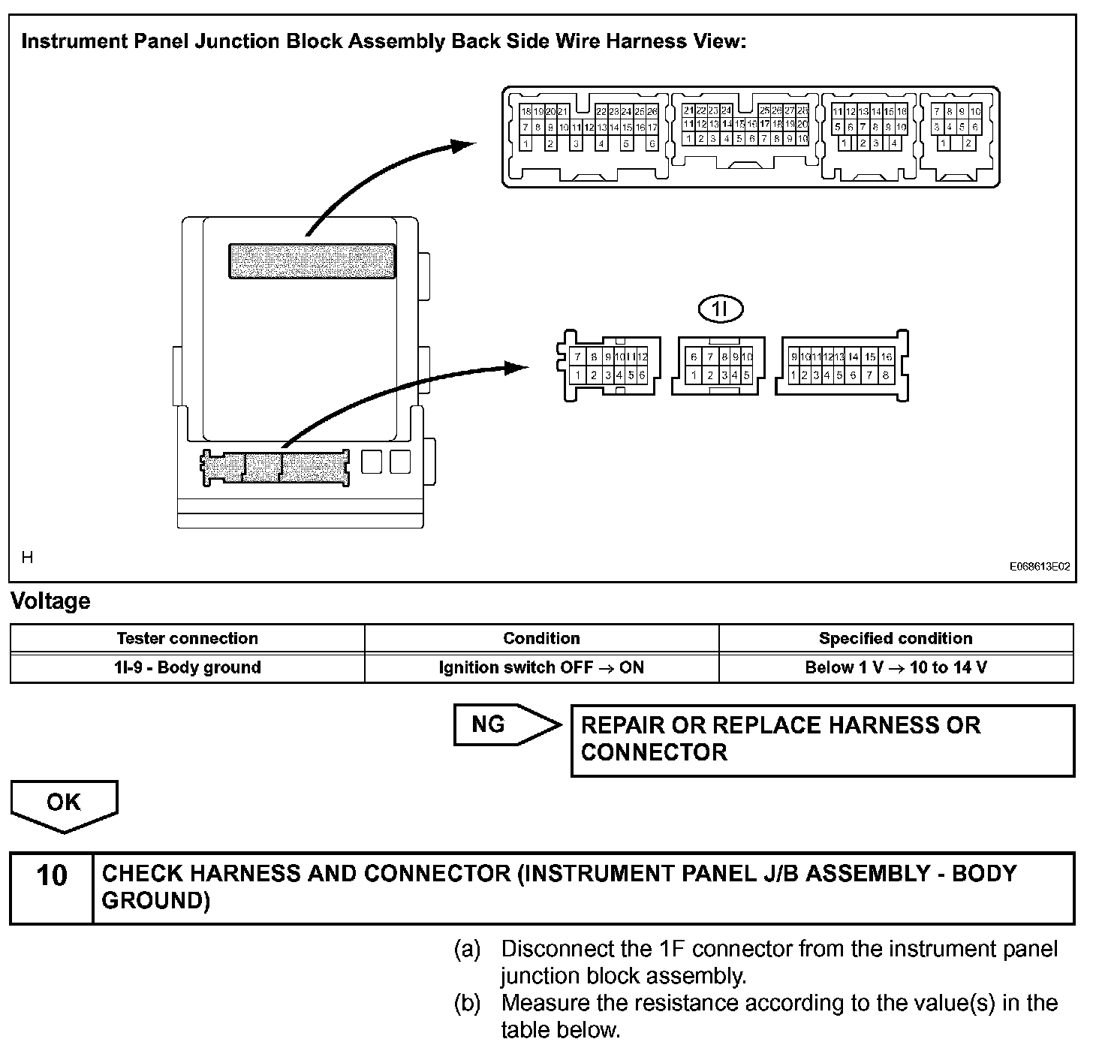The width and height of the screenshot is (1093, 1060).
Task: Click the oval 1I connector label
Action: coord(720,309)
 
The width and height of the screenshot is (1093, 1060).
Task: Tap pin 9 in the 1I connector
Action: coord(736,357)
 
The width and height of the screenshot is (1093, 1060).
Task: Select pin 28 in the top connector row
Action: coord(802,111)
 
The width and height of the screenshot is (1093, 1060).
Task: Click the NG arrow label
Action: coord(489,724)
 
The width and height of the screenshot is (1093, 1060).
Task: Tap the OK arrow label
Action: coord(63,803)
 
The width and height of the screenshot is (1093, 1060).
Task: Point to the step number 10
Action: coord(51,875)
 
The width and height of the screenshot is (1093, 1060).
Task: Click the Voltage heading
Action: coord(50,601)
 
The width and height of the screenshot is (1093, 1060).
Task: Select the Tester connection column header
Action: coord(187,639)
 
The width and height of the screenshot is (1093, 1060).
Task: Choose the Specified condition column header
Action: coord(896,639)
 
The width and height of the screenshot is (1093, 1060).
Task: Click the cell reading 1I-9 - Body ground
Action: coord(187,667)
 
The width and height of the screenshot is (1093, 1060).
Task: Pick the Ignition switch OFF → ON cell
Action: coord(541,667)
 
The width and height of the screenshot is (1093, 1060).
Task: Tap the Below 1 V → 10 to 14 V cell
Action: coord(896,667)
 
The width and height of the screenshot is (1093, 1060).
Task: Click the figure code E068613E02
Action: coord(1039,568)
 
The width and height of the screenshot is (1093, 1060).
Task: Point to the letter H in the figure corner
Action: coord(28,557)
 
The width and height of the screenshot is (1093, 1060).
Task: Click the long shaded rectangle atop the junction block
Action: coord(312,260)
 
